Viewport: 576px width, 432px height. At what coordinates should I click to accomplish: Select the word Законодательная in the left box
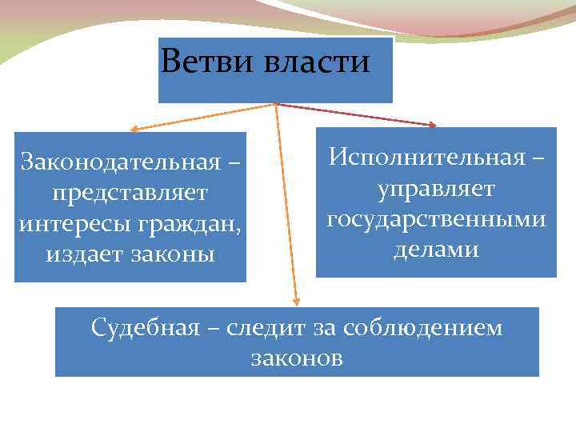coord(120,162)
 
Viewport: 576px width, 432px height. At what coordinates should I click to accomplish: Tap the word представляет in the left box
coord(129,193)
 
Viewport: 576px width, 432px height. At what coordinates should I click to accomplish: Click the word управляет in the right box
coord(437,190)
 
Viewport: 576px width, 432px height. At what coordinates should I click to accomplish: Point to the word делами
coord(436,250)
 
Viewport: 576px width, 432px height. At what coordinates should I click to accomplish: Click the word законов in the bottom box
coord(297,358)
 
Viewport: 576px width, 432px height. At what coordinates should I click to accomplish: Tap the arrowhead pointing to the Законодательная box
coord(134,128)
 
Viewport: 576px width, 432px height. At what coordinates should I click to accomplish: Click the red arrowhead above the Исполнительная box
coord(433,125)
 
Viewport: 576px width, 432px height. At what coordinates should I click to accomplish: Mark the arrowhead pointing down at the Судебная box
coord(295,302)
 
